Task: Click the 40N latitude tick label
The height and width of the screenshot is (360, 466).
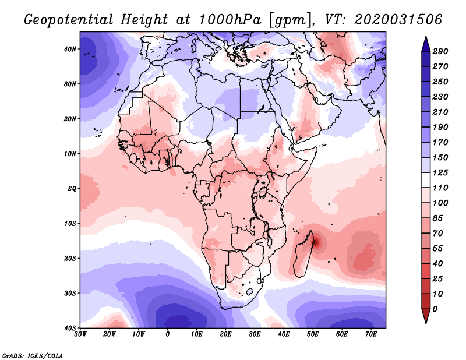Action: point(69,49)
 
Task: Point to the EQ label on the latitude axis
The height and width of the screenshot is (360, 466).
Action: point(70,189)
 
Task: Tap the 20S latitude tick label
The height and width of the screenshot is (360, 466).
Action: point(69,258)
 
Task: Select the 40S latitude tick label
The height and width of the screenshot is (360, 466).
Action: point(69,328)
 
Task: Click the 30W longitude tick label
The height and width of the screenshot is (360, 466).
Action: point(80,334)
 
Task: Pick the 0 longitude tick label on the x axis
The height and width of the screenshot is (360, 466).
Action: point(168,334)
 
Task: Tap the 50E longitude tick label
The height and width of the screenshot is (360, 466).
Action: point(313,334)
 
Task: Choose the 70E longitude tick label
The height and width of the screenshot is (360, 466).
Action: point(370,334)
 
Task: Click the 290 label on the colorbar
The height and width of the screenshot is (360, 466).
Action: point(440,51)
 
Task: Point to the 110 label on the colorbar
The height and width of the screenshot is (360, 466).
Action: point(440,188)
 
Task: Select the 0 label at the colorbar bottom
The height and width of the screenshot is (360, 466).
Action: point(436,309)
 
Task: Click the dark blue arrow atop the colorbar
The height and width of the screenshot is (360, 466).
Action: point(426,43)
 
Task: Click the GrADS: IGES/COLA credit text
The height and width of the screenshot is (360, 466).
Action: point(33,355)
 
